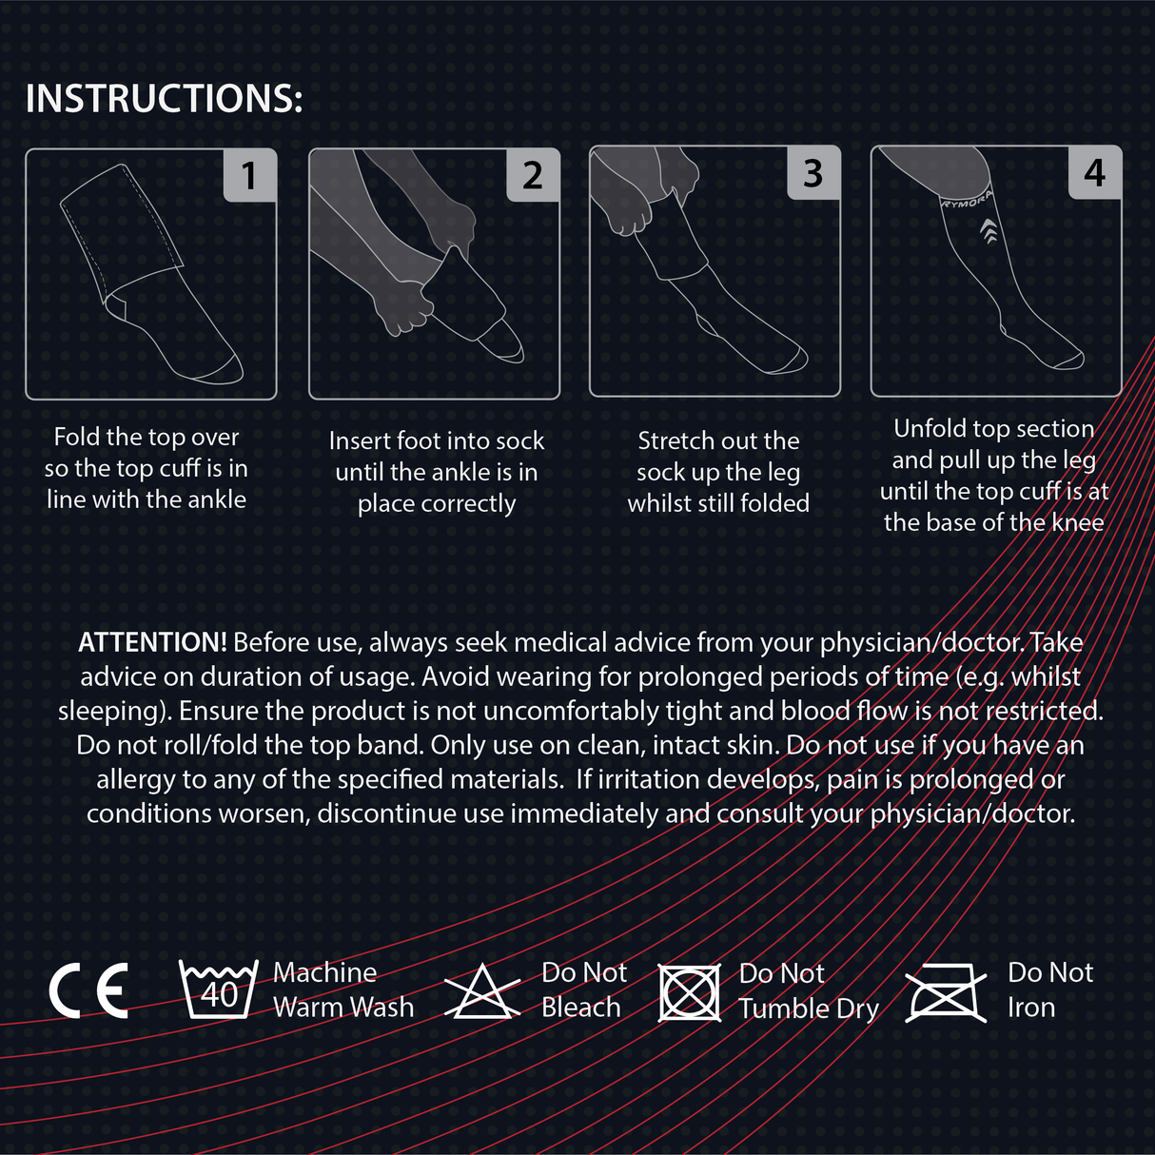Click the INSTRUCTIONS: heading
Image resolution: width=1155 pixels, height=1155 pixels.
coord(164,99)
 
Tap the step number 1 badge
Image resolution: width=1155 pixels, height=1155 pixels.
coord(249,175)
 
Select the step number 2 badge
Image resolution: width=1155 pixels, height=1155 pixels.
coord(532,175)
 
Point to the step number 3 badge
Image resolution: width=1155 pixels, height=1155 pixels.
coord(812,173)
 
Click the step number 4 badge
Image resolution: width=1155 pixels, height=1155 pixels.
coord(1094,173)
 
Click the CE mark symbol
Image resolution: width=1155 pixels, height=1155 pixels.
coord(88,990)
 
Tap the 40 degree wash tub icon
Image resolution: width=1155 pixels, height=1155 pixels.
coord(219,989)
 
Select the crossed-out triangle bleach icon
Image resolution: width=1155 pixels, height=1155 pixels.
coord(482,992)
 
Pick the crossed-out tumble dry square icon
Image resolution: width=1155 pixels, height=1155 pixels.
coord(690,993)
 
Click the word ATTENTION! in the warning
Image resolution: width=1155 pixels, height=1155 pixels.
coord(152,642)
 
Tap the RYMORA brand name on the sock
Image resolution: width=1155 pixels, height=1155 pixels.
coord(967,199)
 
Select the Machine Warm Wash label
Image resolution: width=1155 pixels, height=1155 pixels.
coord(343,989)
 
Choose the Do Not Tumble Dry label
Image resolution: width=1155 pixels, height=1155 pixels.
coord(808,990)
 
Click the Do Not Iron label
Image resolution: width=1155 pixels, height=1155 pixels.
coord(1049,989)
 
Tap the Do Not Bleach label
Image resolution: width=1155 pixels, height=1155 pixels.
coord(583,989)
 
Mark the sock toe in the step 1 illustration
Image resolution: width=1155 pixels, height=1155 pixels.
coord(225,370)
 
